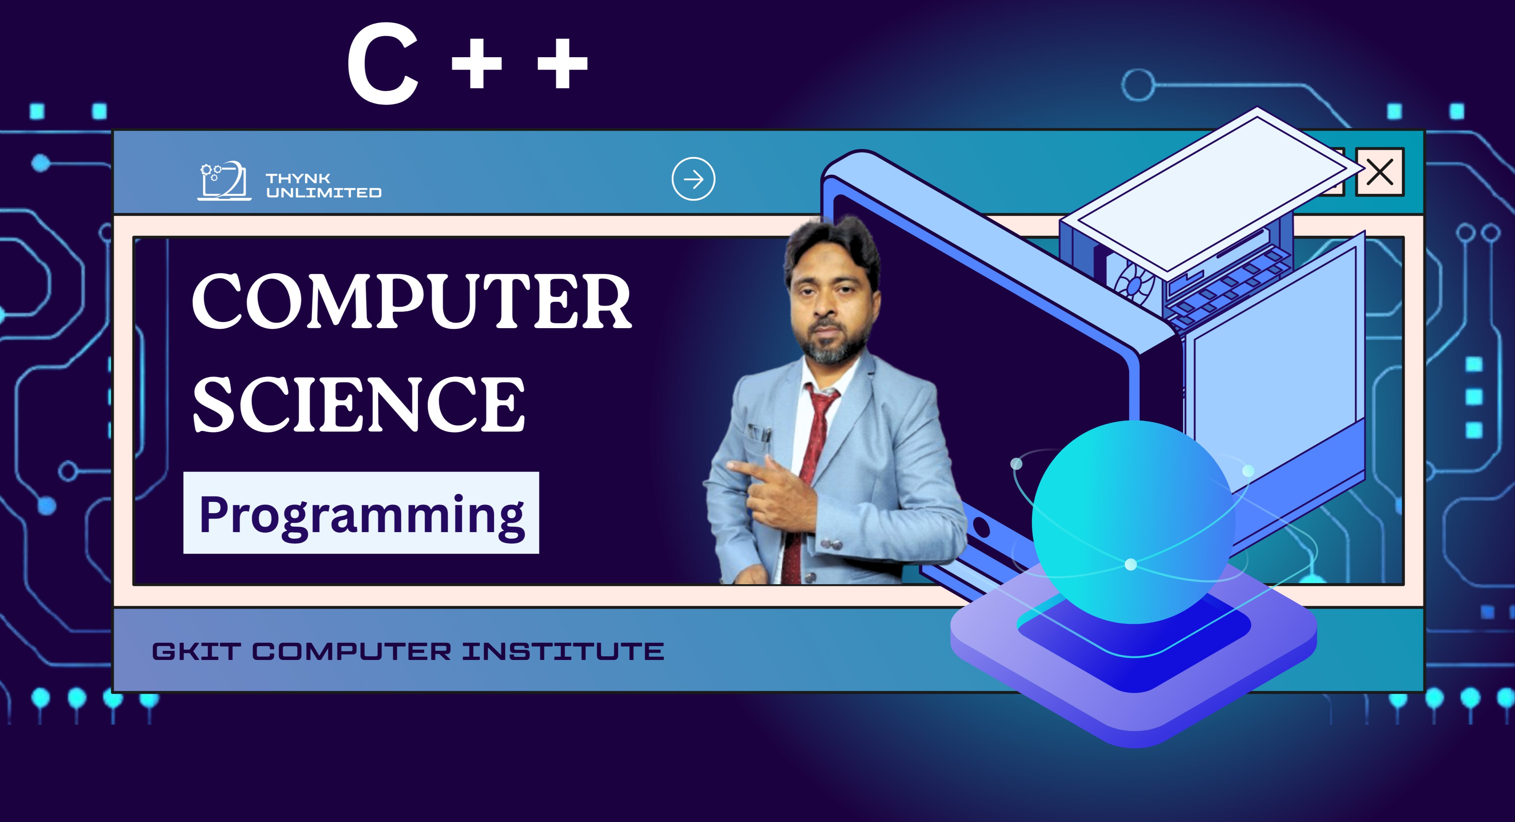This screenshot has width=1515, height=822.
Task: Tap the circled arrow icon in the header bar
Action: (693, 179)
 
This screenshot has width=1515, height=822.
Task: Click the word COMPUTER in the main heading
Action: (412, 301)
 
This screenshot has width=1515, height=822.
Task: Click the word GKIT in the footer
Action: (196, 652)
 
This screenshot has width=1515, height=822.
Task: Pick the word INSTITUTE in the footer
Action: (563, 652)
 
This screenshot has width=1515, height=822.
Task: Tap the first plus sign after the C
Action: (476, 63)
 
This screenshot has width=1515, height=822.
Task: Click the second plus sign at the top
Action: (563, 63)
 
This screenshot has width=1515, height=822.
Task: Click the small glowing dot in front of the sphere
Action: (1130, 565)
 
